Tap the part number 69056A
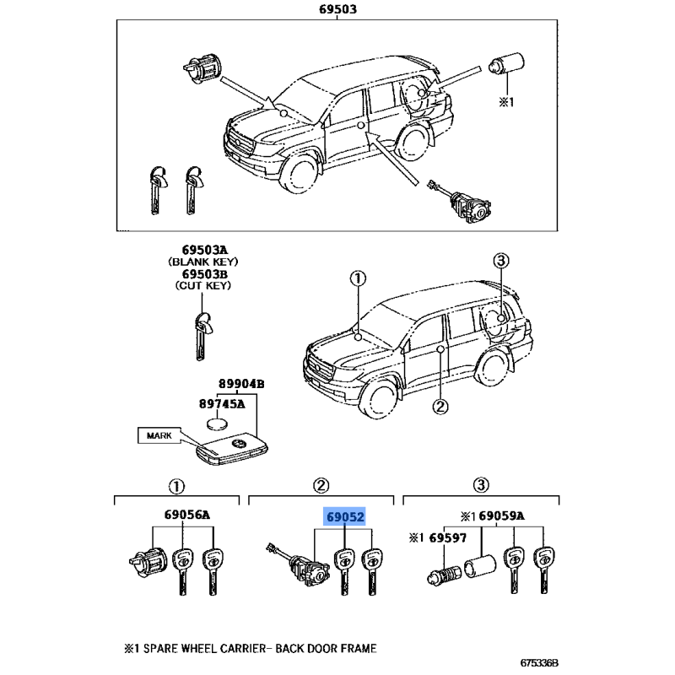(181, 516)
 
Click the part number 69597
(441, 538)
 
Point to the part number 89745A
(221, 403)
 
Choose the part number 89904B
(242, 384)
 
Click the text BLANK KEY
(204, 262)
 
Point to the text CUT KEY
(204, 287)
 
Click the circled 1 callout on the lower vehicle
(358, 279)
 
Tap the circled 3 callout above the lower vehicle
(499, 262)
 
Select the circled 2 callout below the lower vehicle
(440, 407)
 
